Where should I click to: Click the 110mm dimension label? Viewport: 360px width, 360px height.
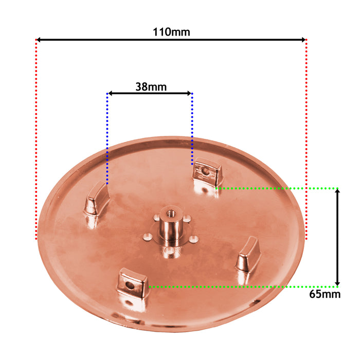171,32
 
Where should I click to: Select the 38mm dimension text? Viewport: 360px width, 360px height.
151,86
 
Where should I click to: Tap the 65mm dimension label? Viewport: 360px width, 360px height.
325,294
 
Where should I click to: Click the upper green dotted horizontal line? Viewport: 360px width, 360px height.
278,188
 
